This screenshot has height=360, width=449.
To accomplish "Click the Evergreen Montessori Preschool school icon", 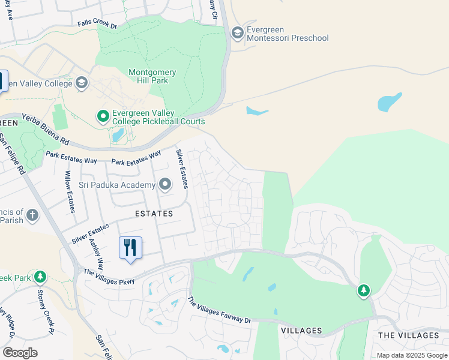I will pos(237,33).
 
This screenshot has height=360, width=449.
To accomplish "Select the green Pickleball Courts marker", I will pos(103,115).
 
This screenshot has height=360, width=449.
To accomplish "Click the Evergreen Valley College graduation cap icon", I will pos(82,83).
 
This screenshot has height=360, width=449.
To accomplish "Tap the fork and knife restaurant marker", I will pos(130,247).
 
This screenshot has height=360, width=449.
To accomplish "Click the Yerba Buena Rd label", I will pos(46,130).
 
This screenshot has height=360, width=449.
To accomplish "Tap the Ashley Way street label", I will pos(97,252).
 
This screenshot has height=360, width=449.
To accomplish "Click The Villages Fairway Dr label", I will pos(218,312).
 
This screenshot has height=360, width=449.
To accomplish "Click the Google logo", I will pos(20,352).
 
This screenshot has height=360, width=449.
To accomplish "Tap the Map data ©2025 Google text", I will pos(412,355).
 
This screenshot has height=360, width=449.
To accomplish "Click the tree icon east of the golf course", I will pos(363,291).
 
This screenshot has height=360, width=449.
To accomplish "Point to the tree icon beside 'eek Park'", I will pos(40,277).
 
